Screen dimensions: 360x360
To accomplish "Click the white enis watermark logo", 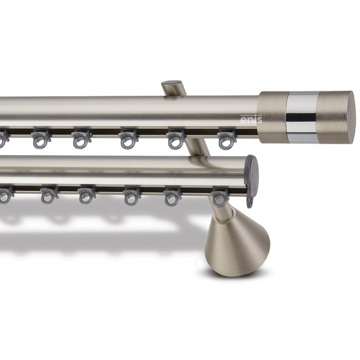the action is click(x=251, y=119).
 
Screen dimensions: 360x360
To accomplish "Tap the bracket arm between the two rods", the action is click(x=198, y=147).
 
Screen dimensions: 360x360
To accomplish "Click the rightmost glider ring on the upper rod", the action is click(x=226, y=139).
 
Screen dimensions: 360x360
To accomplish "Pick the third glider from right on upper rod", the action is click(x=128, y=139).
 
